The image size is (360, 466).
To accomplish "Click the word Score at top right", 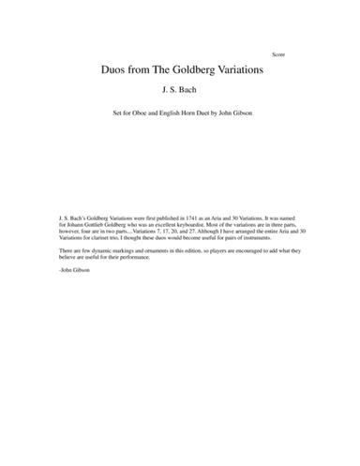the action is (x=278, y=54).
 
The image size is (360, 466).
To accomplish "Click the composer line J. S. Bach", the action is (x=180, y=91).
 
